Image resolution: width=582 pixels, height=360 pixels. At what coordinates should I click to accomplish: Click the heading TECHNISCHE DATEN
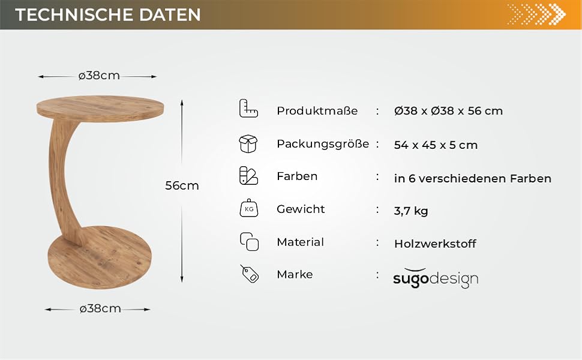107,14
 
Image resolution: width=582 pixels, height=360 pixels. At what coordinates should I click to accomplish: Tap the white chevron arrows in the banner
536,14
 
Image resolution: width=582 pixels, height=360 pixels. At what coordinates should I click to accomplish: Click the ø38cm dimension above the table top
99,76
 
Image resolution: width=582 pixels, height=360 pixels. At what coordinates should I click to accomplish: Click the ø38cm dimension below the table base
100,309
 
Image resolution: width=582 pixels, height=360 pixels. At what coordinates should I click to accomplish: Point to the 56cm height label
182,185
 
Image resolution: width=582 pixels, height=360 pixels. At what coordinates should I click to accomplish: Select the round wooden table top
100,109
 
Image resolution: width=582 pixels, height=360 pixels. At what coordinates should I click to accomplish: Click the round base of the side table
100,257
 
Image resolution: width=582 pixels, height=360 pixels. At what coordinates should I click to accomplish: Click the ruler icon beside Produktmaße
248,109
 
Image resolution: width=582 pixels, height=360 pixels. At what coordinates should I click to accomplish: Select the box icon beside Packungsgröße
248,143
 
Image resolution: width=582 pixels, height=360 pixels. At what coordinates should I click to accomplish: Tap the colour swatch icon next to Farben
248,176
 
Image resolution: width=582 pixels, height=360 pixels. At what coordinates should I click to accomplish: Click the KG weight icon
248,208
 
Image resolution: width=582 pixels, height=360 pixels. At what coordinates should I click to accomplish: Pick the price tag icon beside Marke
250,274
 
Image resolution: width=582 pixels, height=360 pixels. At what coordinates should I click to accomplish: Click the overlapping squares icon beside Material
249,242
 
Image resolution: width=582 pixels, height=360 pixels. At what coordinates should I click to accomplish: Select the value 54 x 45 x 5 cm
436,145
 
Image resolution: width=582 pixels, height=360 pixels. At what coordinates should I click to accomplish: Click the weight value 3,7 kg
411,211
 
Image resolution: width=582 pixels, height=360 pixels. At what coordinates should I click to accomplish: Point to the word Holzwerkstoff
435,244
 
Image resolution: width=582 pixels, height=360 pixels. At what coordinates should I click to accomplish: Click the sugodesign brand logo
436,278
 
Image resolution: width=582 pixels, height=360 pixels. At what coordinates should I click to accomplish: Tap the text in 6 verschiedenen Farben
473,179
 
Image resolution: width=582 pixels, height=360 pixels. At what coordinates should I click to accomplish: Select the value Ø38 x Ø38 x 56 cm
448,110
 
